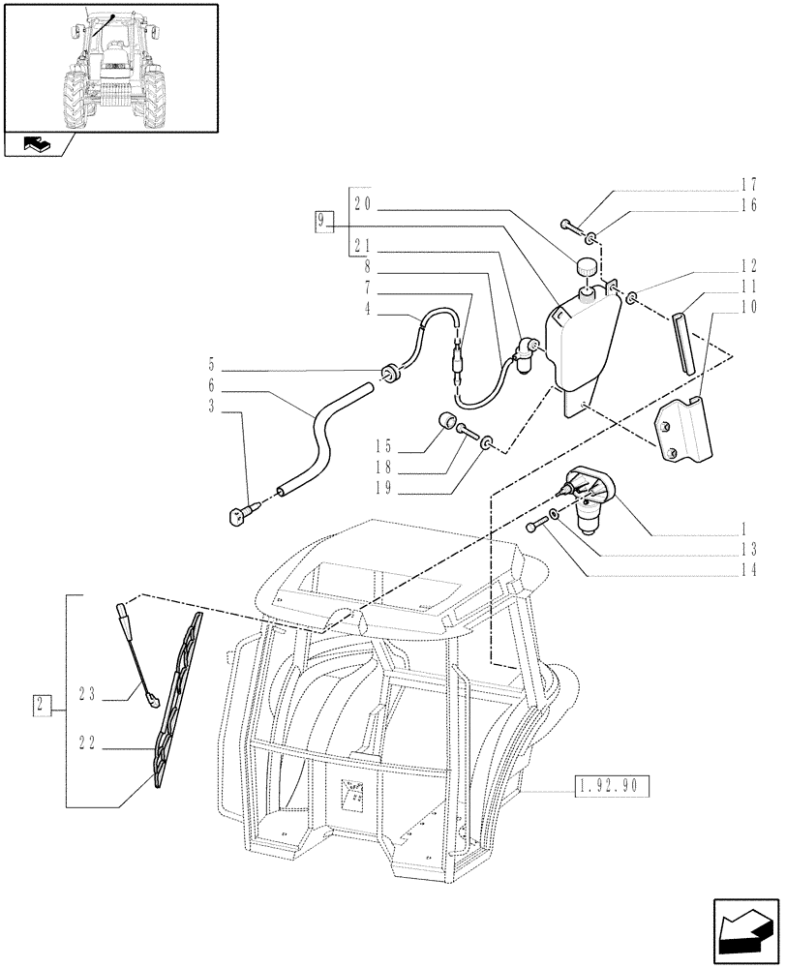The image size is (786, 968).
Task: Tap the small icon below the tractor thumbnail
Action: point(36,145)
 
